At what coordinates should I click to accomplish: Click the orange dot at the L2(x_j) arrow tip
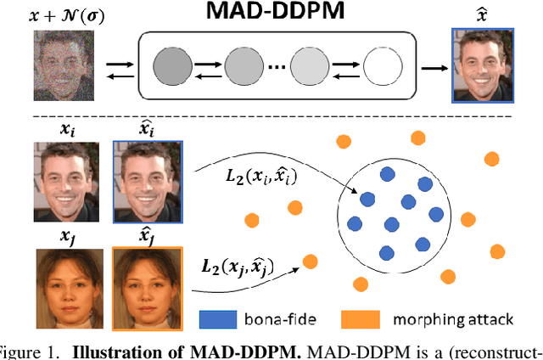(x=310, y=262)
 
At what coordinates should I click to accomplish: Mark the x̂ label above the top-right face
(x=482, y=14)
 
